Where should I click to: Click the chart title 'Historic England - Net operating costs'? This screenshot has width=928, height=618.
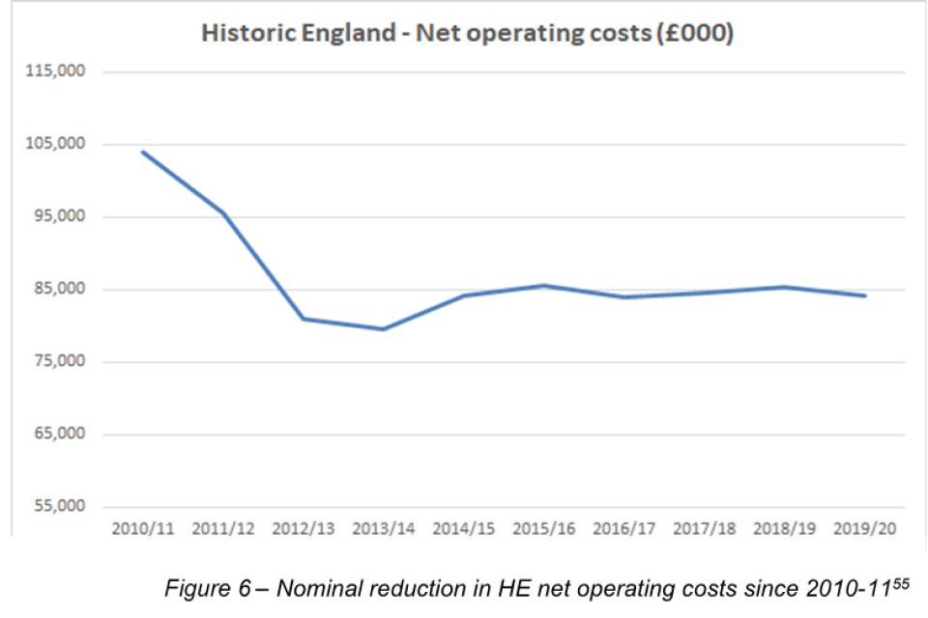pyautogui.click(x=467, y=33)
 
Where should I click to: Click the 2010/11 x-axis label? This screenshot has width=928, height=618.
pyautogui.click(x=143, y=528)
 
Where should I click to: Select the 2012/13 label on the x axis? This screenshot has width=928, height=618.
pyautogui.click(x=304, y=528)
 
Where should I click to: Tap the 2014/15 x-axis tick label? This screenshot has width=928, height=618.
pyautogui.click(x=464, y=528)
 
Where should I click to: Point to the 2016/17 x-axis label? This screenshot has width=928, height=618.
pyautogui.click(x=624, y=528)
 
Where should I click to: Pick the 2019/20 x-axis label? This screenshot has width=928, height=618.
pyautogui.click(x=865, y=528)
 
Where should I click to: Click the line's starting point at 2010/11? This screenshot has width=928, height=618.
pyautogui.click(x=143, y=152)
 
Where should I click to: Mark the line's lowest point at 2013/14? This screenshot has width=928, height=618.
pyautogui.click(x=384, y=329)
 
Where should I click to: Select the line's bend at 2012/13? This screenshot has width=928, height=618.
pyautogui.click(x=304, y=319)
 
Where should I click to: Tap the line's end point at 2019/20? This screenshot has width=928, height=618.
pyautogui.click(x=865, y=295)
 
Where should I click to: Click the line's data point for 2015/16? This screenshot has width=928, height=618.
pyautogui.click(x=544, y=285)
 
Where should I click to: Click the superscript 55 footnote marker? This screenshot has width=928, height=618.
pyautogui.click(x=902, y=581)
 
